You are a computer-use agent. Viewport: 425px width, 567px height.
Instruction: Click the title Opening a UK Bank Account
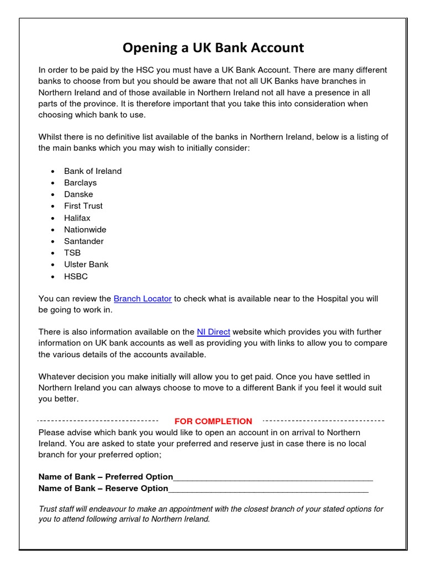coord(213,48)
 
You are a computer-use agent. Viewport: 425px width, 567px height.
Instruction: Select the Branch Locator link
coord(143,299)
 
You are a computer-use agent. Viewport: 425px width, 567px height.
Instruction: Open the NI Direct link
coord(213,332)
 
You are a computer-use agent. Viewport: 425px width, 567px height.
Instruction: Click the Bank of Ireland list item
coord(92,171)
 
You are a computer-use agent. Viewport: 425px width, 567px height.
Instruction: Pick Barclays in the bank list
coord(80,183)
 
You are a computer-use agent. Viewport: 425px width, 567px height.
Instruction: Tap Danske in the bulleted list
coord(79,194)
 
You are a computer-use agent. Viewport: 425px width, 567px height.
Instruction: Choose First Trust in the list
coord(83,206)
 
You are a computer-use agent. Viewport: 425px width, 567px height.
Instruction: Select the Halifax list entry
coord(77,218)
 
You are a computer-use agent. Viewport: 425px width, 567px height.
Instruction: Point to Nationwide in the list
coord(85,230)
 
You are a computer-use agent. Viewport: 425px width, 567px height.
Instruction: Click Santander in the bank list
coord(84,241)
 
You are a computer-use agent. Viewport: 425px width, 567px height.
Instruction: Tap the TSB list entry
coord(72,253)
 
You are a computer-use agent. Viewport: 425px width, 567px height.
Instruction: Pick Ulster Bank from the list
coord(86,265)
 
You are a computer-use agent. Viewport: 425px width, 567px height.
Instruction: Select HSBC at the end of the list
coord(76,276)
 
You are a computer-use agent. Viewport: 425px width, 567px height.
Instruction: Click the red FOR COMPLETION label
coord(213,421)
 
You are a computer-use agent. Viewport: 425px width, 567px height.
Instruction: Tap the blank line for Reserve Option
coord(268,489)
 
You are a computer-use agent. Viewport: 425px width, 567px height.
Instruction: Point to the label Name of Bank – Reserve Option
coord(103,488)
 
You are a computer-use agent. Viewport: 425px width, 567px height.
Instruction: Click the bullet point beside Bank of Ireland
coord(52,172)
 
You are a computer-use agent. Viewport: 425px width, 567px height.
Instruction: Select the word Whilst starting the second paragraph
coord(50,137)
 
